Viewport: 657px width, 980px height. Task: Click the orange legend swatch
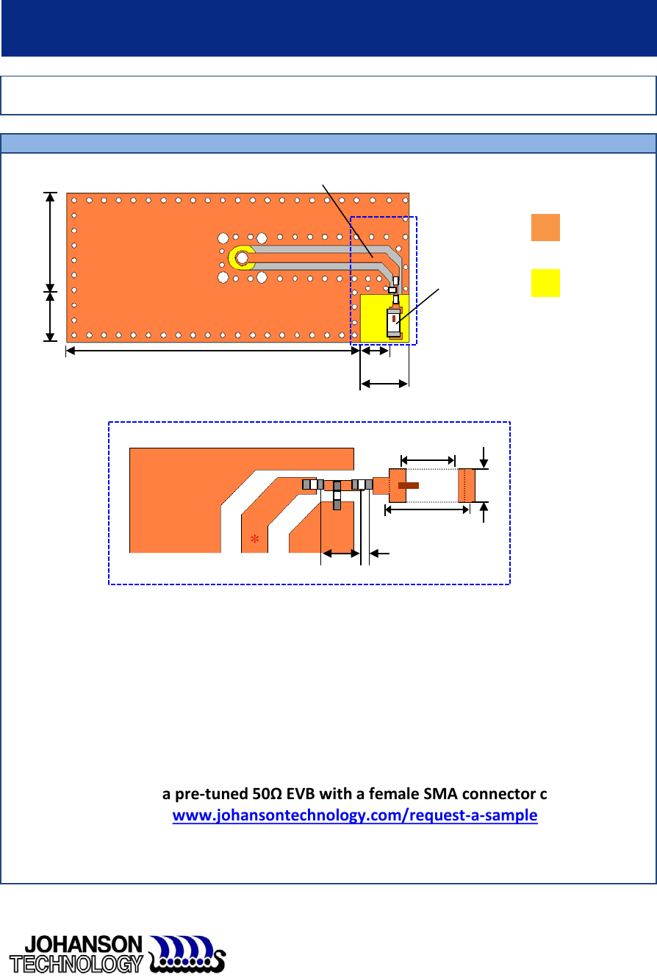(545, 228)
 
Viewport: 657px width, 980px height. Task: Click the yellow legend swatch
(545, 283)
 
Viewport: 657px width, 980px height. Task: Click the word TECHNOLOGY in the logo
(75, 963)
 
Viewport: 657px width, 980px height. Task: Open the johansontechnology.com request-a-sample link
(355, 815)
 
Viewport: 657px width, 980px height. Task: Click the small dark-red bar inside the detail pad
(408, 485)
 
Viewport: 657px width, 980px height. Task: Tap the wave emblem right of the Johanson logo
(187, 954)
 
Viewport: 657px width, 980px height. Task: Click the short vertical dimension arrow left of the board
(50, 317)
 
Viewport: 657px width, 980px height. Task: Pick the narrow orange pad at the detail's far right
(467, 485)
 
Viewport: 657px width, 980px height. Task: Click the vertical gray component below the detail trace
(337, 500)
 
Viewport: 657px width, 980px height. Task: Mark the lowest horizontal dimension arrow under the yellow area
(384, 383)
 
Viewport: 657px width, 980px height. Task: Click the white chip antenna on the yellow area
(394, 322)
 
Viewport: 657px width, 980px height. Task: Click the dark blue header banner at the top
(328, 28)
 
